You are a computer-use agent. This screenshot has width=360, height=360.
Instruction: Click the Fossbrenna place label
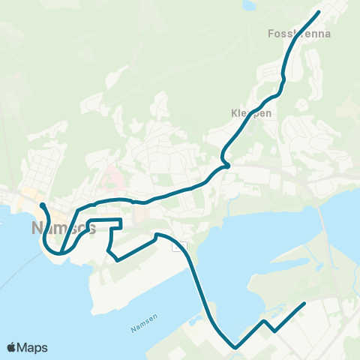tap(298, 34)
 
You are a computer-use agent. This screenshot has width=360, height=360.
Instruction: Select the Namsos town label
tap(63, 227)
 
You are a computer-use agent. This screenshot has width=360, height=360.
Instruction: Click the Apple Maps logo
tap(26, 347)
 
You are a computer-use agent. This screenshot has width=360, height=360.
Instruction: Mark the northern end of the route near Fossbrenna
tap(319, 12)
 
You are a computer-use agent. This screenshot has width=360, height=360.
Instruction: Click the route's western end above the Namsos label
tap(41, 204)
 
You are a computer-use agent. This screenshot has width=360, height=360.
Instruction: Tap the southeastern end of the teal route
tap(304, 303)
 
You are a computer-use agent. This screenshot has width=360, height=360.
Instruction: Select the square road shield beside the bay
tap(178, 246)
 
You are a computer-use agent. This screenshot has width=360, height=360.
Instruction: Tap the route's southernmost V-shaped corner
tap(235, 347)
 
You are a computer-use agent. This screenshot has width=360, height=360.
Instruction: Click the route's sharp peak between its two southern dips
tap(264, 321)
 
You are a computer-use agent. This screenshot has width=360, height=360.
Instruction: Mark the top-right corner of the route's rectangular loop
tap(121, 219)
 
